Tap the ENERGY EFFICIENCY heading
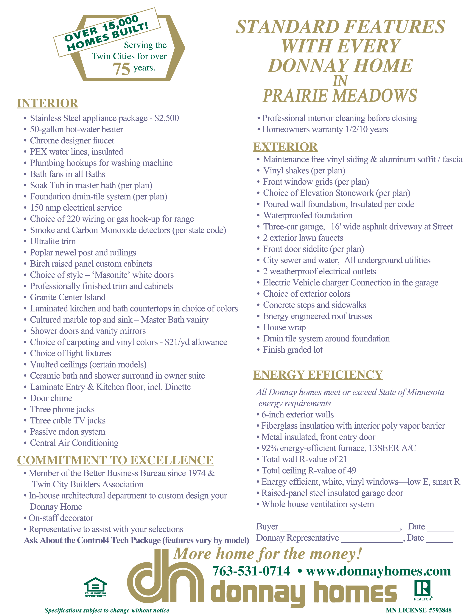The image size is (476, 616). point(318,375)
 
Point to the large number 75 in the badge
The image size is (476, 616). point(121,69)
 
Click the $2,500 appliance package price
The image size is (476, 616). point(167,118)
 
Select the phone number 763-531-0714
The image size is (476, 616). point(251,571)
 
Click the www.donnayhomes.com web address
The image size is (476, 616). point(378,571)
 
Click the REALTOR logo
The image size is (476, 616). point(422,590)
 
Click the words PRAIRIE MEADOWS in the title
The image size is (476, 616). point(340,96)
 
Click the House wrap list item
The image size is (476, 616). point(284,327)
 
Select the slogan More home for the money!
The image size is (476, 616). point(267,554)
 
